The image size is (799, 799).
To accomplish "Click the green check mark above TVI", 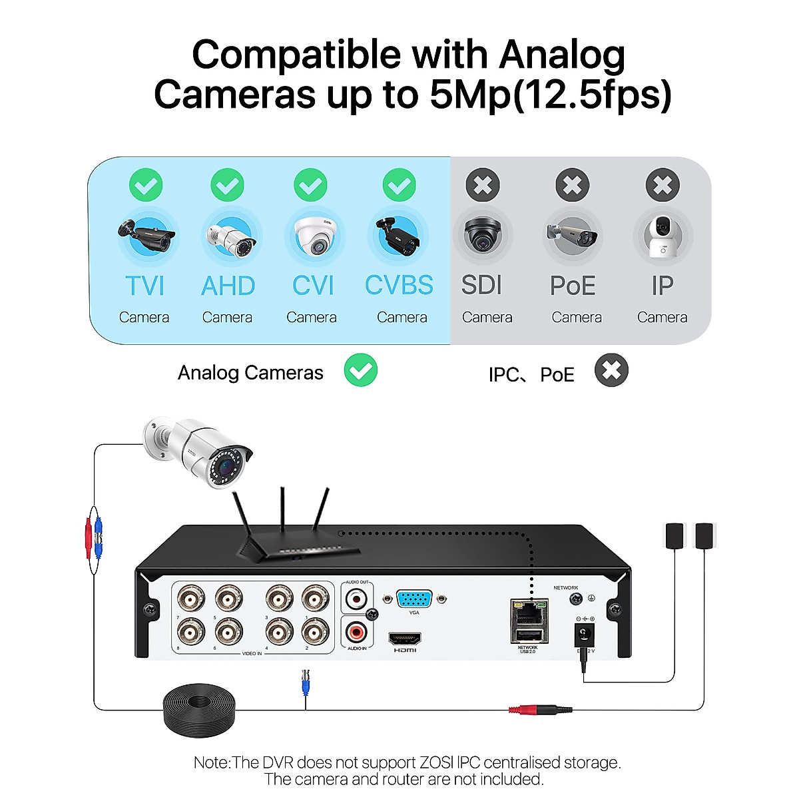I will [x=146, y=185].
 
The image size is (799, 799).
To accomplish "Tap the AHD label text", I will [x=228, y=286].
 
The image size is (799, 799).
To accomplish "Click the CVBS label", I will [x=399, y=286].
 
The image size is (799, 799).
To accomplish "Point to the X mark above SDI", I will [x=483, y=185].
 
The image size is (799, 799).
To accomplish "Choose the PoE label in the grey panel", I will [x=573, y=286].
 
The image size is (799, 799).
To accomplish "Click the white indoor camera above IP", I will [x=662, y=236].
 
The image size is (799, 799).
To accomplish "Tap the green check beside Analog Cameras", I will [x=361, y=371].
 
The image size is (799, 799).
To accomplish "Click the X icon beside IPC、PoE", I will [x=611, y=371].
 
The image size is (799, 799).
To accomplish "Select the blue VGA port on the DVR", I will [x=414, y=599].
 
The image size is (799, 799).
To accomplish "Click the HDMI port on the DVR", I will [x=405, y=639].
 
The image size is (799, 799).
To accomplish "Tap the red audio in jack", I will [x=358, y=630].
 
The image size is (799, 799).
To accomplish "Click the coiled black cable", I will [x=199, y=709].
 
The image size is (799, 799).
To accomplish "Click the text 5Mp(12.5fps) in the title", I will [x=550, y=95].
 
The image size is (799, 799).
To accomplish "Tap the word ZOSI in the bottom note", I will [x=437, y=762].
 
